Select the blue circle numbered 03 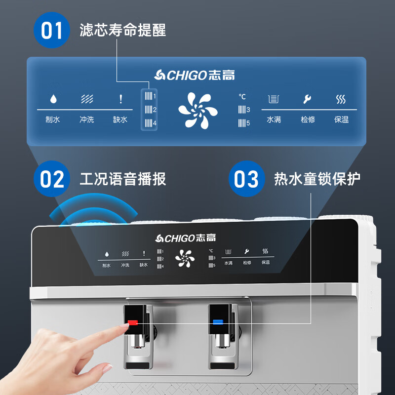(246, 179)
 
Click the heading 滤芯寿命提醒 (122, 30)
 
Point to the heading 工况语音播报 (122, 179)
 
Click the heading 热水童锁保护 (317, 179)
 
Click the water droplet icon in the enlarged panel (53, 99)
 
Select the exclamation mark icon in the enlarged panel (120, 99)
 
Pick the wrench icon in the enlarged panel (307, 99)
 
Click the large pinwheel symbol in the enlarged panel (197, 110)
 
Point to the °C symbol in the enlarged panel (242, 97)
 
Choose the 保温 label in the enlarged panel (341, 119)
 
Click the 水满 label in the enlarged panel (274, 119)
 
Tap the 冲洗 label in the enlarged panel (87, 119)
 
